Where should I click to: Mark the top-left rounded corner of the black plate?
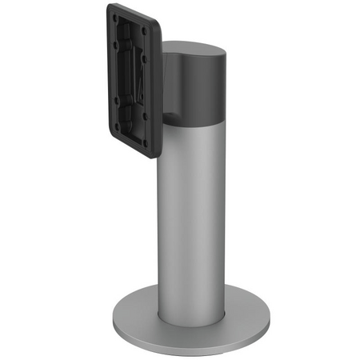(x=110, y=8)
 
